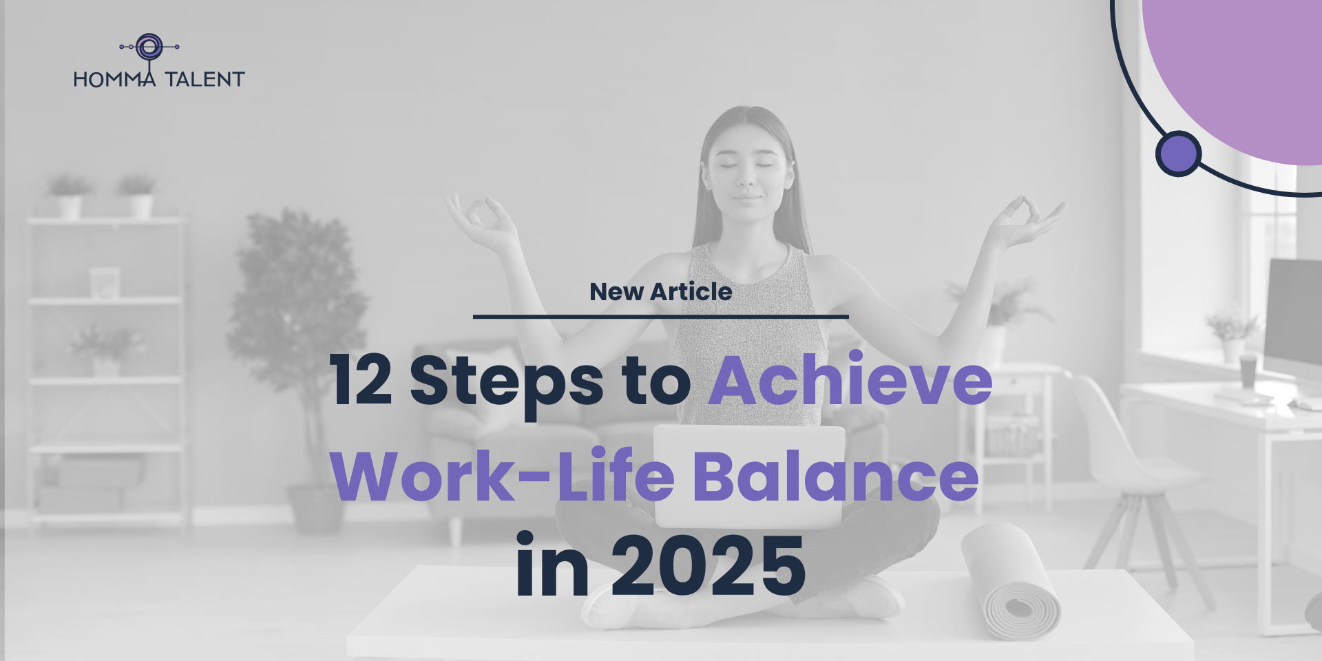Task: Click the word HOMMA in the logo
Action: tap(115, 79)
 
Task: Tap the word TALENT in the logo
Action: tap(204, 79)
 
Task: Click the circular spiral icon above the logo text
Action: tap(149, 47)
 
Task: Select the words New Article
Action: tap(661, 291)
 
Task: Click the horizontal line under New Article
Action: tap(661, 317)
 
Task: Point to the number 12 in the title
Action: tap(361, 380)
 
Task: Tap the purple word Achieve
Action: tap(851, 378)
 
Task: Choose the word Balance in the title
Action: tap(836, 475)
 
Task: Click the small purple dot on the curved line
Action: tap(1178, 154)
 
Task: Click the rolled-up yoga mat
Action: tap(1011, 580)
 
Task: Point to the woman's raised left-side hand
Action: tap(482, 220)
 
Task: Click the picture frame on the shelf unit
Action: tap(105, 283)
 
